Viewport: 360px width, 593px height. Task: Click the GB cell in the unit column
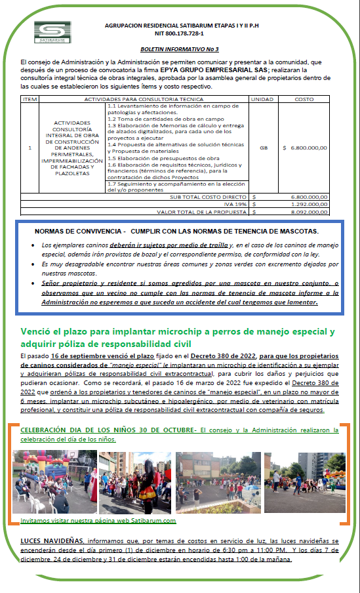263,148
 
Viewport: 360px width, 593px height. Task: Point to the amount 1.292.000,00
308,204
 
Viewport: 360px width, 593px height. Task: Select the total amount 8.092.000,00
308,211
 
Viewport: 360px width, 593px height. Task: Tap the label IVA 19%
235,204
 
